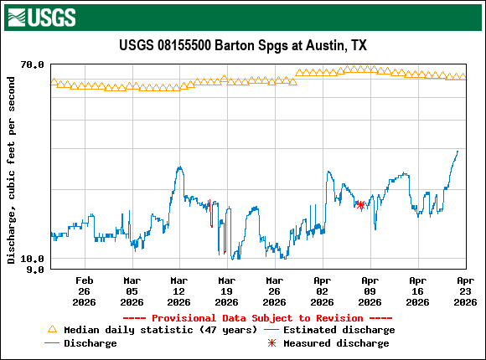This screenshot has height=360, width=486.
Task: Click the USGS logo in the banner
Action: coord(41,16)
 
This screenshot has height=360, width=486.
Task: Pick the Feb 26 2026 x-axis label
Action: coord(84,291)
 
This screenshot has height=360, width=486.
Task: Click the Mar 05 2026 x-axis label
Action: coord(132,291)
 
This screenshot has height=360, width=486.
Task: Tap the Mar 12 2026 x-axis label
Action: coord(178,291)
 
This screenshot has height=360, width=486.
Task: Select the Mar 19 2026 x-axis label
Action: coord(226,291)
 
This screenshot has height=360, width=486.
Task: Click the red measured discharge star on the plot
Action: coord(360,204)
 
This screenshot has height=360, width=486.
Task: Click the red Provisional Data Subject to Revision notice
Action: coord(257,318)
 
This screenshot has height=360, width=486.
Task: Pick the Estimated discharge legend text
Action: coord(335,330)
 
